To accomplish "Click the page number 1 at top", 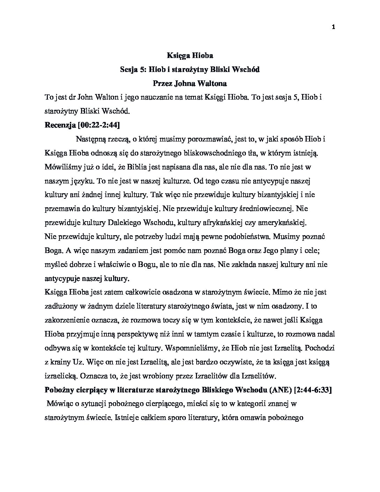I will pyautogui.click(x=334, y=27).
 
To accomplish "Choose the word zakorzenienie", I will pyautogui.click(x=66, y=320).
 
